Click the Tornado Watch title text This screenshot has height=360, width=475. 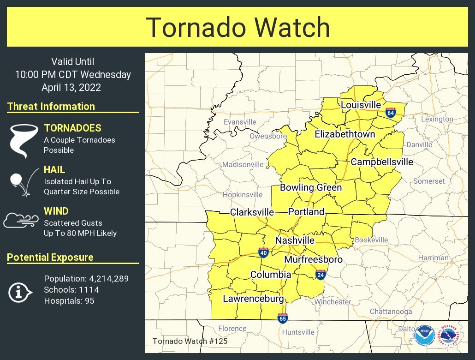pos(238,28)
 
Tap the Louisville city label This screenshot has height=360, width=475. pos(361,105)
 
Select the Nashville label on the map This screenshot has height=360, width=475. pos(295,240)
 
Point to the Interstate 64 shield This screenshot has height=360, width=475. pos(391,112)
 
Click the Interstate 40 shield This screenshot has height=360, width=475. pos(262,252)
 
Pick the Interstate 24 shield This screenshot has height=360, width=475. pos(321,275)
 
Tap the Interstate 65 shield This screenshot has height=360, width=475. pos(283,318)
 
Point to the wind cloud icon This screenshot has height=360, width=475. pos(21,220)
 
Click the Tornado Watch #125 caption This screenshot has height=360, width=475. pos(190,342)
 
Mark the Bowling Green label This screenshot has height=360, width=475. pos(311,187)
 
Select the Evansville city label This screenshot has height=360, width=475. pos(239,122)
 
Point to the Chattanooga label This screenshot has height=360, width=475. pos(391,312)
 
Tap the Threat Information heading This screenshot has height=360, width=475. pos(51,106)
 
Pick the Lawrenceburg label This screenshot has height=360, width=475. pos(253,299)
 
